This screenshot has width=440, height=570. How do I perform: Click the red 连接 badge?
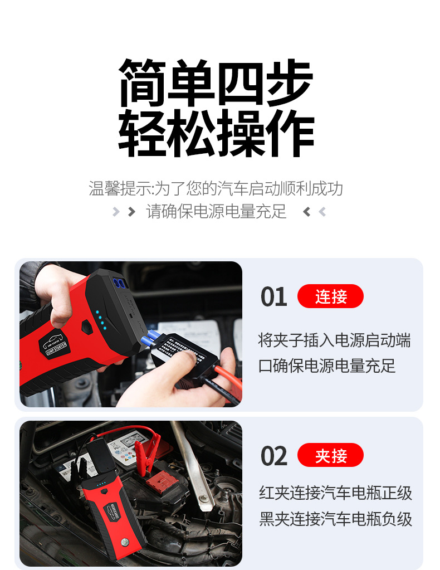tap(330, 296)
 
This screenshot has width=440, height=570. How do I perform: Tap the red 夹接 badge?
tap(330, 456)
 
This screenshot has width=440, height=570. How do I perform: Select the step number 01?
tap(273, 297)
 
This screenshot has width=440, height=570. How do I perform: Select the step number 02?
tap(273, 456)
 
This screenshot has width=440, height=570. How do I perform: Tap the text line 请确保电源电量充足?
tap(216, 212)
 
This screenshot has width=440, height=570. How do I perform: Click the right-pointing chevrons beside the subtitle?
tap(124, 212)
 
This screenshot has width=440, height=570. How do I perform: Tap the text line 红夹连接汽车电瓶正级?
tap(335, 493)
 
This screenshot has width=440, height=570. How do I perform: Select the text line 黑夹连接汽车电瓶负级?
tap(335, 519)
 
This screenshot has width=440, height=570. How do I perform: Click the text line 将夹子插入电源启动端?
tap(334, 340)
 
